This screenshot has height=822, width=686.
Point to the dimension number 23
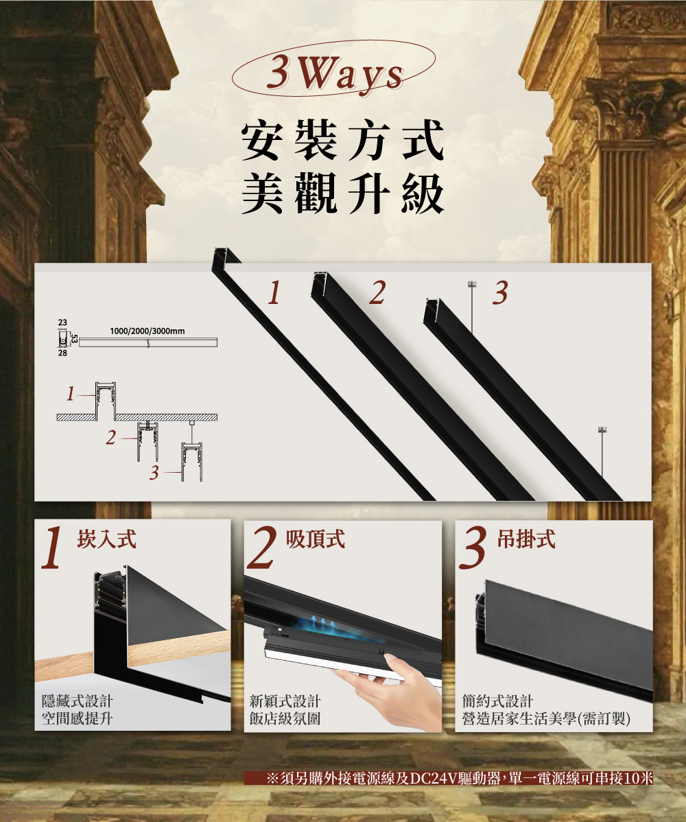(62, 322)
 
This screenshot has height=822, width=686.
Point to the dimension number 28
(62, 355)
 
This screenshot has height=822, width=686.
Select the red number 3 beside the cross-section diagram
(154, 473)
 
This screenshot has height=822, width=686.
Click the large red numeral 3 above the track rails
(500, 293)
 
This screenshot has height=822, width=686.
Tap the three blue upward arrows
(322, 622)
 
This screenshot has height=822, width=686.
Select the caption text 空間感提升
(78, 718)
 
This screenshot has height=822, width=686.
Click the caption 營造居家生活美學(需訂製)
(547, 718)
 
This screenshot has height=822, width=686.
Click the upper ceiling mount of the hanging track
(471, 284)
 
